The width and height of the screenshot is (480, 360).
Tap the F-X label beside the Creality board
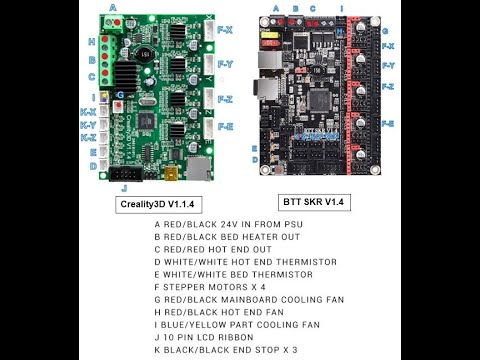pyautogui.click(x=225, y=29)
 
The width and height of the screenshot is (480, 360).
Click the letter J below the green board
pyautogui.click(x=124, y=187)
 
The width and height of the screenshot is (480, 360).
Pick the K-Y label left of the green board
pyautogui.click(x=89, y=126)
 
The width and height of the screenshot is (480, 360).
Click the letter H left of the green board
pyautogui.click(x=92, y=42)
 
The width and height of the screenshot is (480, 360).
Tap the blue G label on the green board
pyautogui.click(x=120, y=93)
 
